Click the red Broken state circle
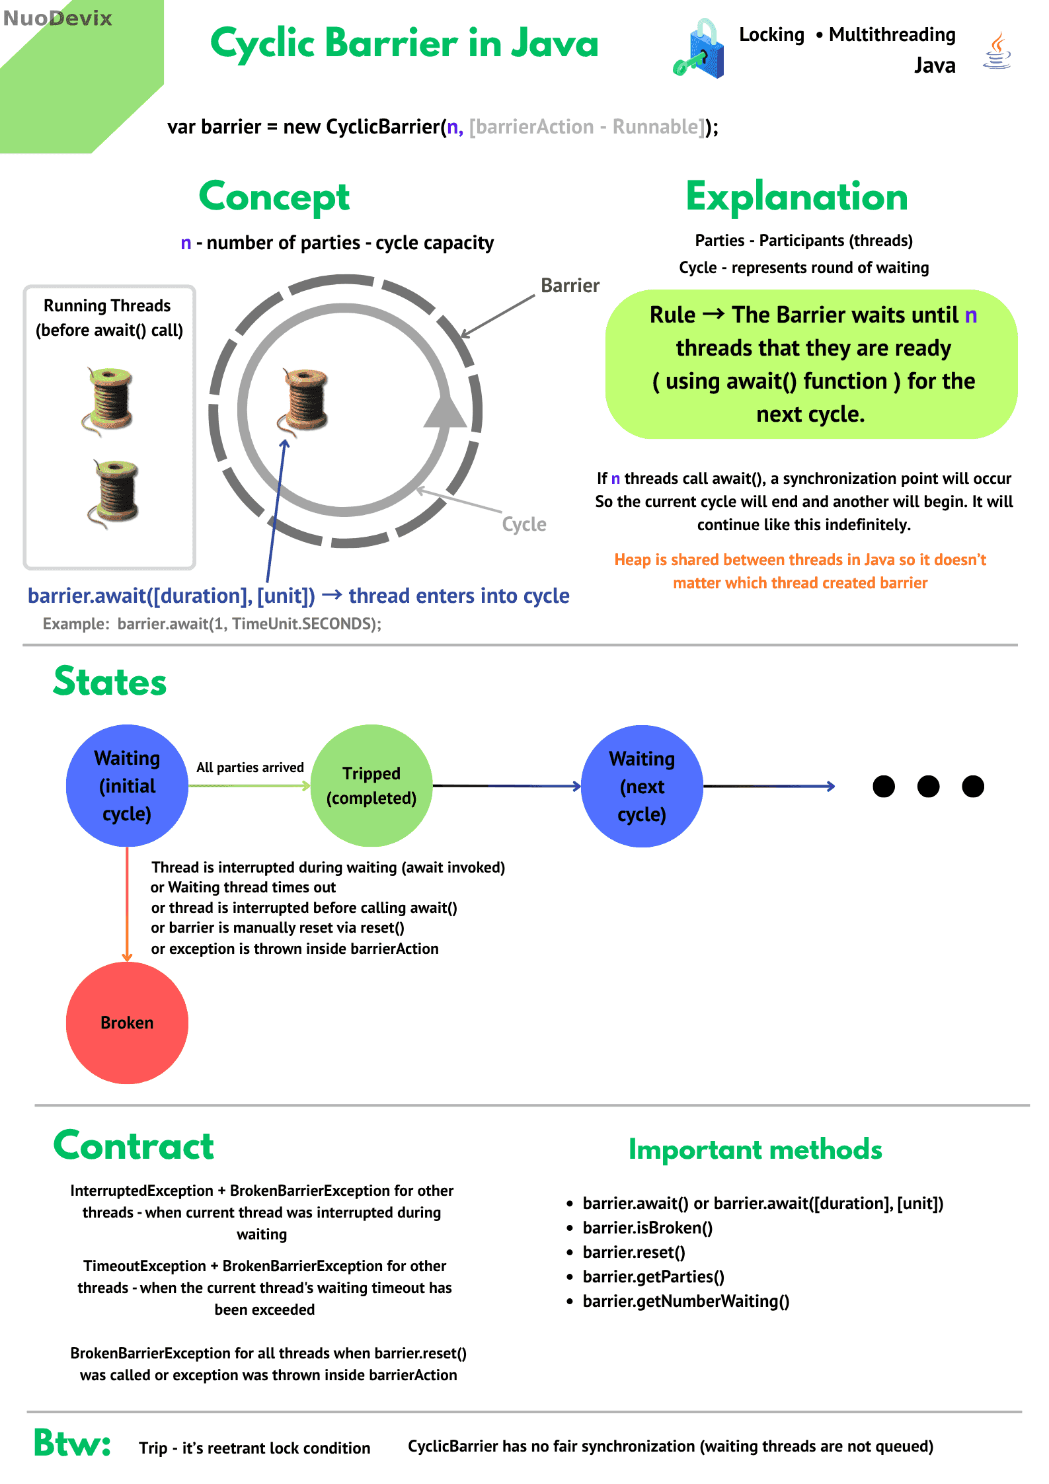pos(127,1022)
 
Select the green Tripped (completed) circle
pos(371,785)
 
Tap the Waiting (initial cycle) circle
pos(127,785)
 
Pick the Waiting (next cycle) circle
pos(642,786)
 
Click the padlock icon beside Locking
pos(701,50)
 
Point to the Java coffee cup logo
pos(997,52)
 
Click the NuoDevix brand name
pos(58,18)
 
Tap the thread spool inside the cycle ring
pos(305,400)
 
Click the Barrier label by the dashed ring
pos(570,286)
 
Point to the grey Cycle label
pos(524,524)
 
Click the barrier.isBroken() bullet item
pos(647,1228)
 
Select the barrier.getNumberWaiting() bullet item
pos(685,1301)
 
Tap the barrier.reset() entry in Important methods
pos(633,1252)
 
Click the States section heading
pos(110,682)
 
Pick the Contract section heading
pos(134,1146)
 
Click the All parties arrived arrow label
pos(250,767)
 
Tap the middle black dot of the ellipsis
pos(928,786)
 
